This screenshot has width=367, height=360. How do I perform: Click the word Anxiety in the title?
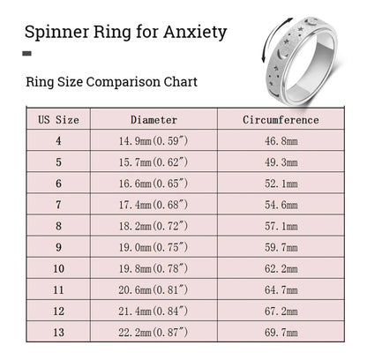tap(195, 33)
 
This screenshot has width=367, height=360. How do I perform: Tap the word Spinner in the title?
tap(56, 33)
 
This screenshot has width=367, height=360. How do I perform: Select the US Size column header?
tap(58, 120)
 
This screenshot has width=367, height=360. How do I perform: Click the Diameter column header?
tap(154, 120)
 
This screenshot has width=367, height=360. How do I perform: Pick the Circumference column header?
tap(281, 120)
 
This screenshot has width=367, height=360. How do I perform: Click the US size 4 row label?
tap(58, 141)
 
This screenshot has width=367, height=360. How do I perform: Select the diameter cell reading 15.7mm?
tap(154, 162)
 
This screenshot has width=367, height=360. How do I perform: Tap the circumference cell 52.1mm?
tap(281, 184)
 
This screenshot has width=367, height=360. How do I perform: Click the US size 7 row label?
tap(58, 205)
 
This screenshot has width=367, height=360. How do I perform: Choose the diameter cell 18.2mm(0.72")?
tap(154, 226)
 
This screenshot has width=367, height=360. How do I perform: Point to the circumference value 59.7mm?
tap(281, 247)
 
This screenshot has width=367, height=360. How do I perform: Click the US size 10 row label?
tap(58, 268)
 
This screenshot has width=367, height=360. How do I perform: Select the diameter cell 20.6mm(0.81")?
tap(154, 290)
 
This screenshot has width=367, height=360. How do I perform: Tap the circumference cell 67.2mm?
tap(281, 311)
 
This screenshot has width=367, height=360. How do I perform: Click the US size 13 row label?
tap(58, 333)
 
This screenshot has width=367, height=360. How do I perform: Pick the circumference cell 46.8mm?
tap(281, 141)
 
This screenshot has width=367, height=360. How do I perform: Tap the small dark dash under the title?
tap(26, 54)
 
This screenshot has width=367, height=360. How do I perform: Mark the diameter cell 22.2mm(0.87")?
tap(154, 333)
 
